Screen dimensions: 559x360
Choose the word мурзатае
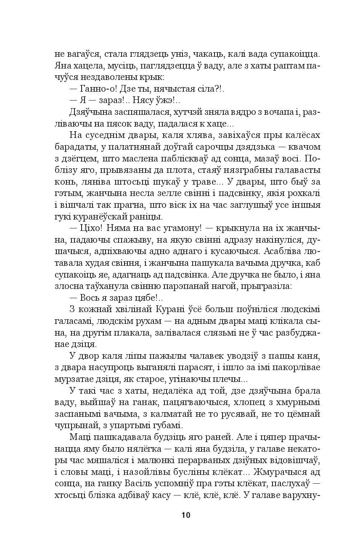pyautogui.click(x=74, y=379)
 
